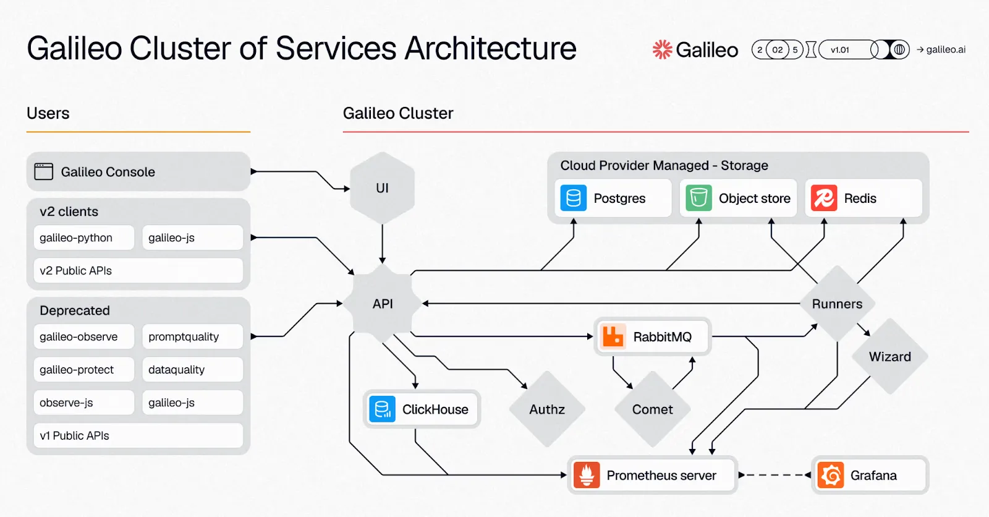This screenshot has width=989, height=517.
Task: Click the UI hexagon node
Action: point(382,188)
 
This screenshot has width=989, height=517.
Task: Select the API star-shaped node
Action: point(383,304)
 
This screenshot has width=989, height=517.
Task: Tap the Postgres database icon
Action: point(573,199)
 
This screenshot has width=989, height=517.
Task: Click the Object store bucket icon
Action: point(698,199)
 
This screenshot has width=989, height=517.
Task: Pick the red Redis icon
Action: point(824,199)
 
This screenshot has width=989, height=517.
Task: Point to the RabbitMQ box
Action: point(652,337)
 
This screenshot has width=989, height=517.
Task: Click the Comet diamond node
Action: point(652,409)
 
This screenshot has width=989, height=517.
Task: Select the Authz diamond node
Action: point(547,409)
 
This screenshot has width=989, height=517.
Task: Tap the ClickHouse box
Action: point(422,409)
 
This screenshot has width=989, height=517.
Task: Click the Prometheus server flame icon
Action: point(587,476)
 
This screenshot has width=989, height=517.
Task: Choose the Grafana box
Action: point(870,476)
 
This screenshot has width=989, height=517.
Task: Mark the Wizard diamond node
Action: point(889,357)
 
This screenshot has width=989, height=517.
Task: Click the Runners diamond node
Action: point(837,304)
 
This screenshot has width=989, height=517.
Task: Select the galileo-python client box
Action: point(83,237)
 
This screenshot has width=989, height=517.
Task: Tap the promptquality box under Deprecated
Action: point(192,336)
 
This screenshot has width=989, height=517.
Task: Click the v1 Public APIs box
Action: point(138,435)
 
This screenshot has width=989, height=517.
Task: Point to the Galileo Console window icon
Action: point(44,171)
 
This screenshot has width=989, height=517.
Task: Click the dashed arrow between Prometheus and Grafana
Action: point(775,476)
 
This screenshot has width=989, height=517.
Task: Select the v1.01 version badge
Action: point(840,49)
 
